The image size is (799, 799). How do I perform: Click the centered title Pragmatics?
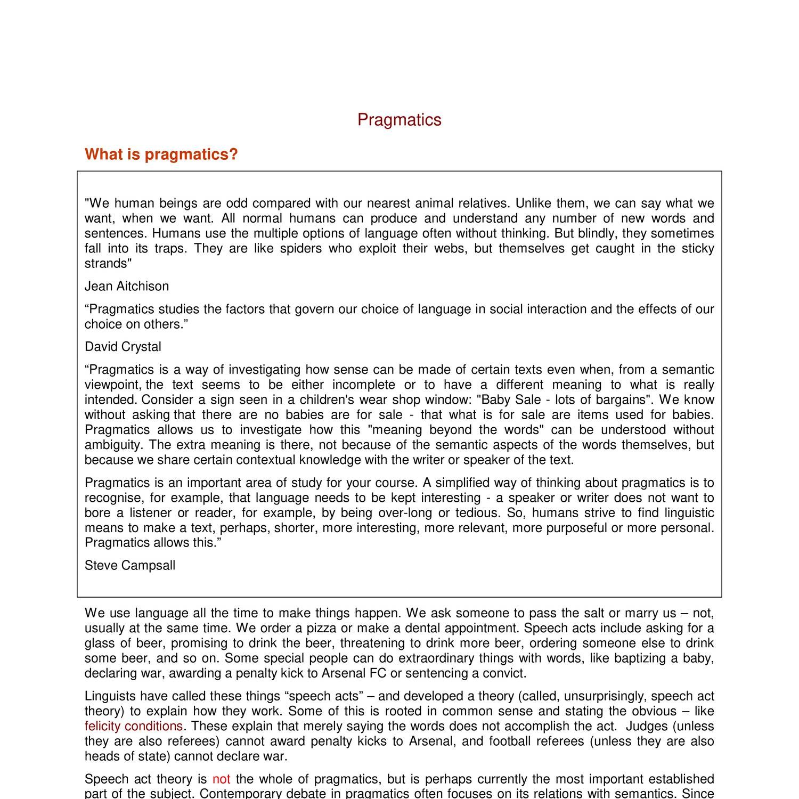click(x=399, y=120)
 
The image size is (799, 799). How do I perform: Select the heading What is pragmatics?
click(x=161, y=154)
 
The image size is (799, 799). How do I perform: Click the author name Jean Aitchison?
click(x=127, y=287)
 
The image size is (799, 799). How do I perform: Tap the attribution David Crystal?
click(x=123, y=347)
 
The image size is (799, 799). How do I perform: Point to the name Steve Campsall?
click(x=129, y=566)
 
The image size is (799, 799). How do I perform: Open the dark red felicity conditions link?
click(x=133, y=727)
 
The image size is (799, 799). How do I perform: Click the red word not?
click(x=221, y=779)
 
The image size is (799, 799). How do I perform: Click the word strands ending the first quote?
click(x=107, y=264)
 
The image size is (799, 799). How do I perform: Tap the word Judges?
click(x=647, y=727)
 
